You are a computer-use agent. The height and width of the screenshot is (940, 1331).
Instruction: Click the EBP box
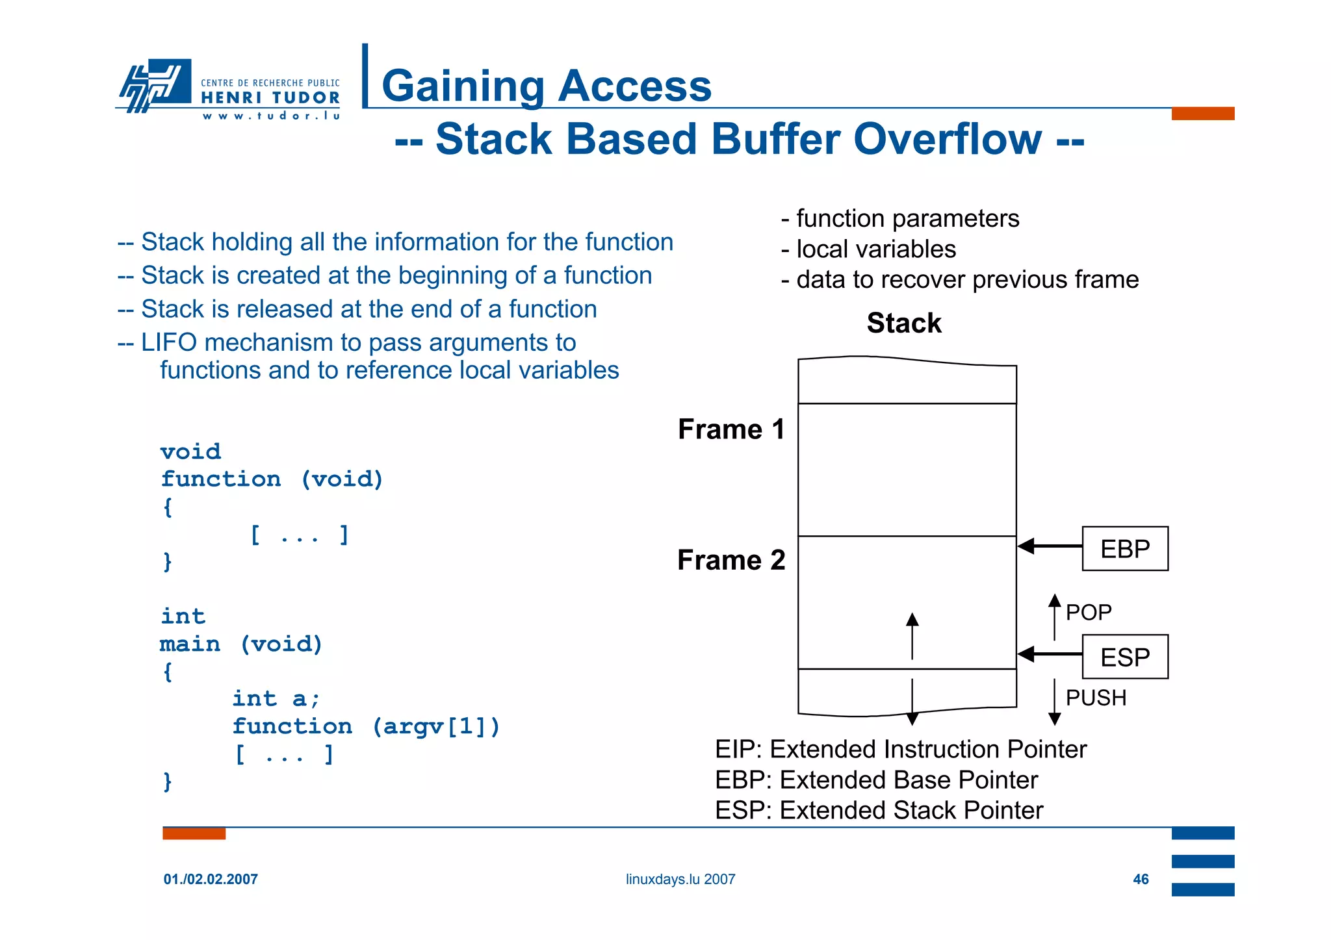click(1124, 549)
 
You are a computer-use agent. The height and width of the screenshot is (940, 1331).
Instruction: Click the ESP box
click(1124, 657)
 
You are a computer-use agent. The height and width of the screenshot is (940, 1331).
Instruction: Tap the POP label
click(1089, 613)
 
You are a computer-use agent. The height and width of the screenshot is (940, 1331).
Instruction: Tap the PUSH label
click(1096, 698)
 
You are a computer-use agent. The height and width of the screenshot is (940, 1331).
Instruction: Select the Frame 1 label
click(731, 429)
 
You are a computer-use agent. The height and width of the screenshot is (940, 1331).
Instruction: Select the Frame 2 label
click(731, 560)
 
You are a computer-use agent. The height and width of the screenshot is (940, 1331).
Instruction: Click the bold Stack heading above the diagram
click(903, 323)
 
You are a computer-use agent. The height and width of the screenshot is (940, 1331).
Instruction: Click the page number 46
click(1141, 879)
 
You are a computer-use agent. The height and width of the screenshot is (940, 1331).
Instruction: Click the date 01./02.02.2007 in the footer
click(211, 879)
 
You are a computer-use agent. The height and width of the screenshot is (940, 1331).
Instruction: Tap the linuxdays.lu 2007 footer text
click(680, 879)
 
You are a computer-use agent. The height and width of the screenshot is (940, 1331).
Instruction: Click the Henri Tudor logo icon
click(155, 85)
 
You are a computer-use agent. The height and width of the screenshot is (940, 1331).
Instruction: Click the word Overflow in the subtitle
click(947, 139)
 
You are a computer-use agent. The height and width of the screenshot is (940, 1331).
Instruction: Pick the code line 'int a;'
click(276, 698)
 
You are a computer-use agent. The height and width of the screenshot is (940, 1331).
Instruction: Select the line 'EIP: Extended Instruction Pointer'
click(900, 749)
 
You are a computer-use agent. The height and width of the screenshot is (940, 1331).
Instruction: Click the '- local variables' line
click(869, 249)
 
